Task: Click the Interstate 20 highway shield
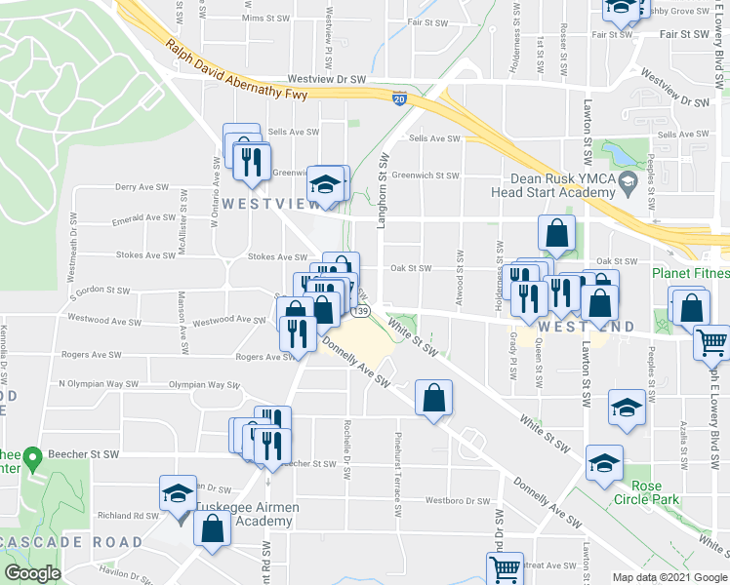399,98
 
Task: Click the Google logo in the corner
32,573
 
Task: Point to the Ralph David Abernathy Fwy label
235,71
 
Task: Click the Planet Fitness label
691,274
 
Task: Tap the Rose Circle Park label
646,492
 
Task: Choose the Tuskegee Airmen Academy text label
246,514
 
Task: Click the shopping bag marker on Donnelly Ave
433,398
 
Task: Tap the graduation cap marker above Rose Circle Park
604,463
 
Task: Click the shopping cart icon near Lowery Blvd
712,343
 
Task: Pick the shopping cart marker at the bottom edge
505,568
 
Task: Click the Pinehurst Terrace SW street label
398,475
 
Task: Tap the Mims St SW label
266,19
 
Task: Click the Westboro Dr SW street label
457,501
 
